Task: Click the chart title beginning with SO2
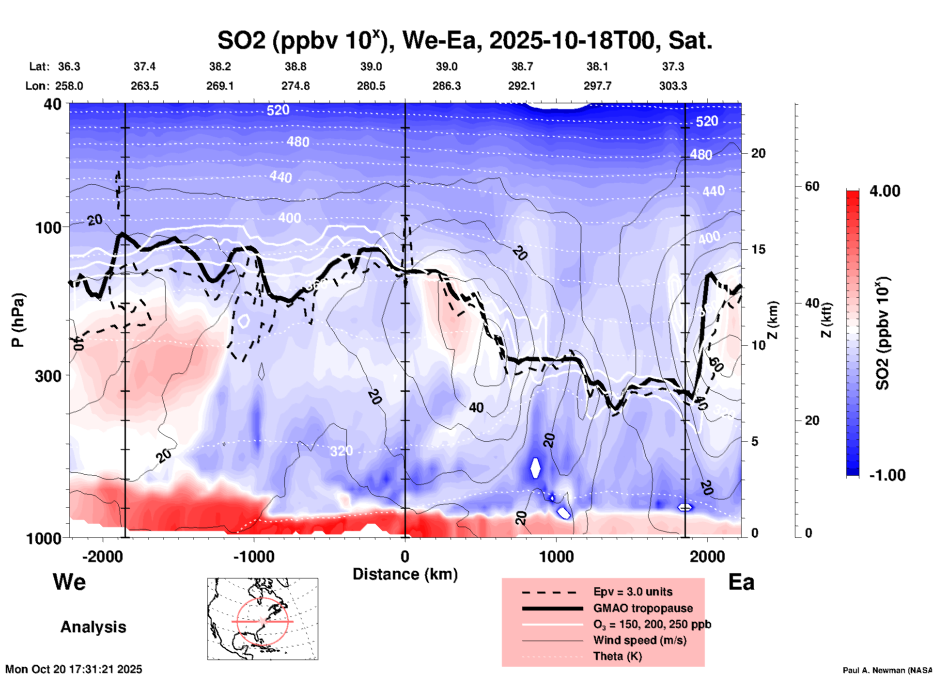pyautogui.click(x=465, y=40)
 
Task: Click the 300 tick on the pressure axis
pyautogui.click(x=48, y=376)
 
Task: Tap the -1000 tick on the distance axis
pyautogui.click(x=253, y=556)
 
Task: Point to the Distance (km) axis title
pyautogui.click(x=405, y=574)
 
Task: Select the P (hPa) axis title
pyautogui.click(x=18, y=320)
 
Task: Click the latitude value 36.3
pyautogui.click(x=69, y=66)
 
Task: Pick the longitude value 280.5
pyautogui.click(x=371, y=86)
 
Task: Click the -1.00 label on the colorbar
pyautogui.click(x=887, y=475)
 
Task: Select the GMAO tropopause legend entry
pyautogui.click(x=643, y=608)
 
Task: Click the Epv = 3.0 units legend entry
pyautogui.click(x=633, y=592)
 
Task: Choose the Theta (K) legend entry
pyautogui.click(x=617, y=656)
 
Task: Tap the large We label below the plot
pyautogui.click(x=69, y=581)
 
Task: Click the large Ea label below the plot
pyautogui.click(x=741, y=582)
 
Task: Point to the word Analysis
pyautogui.click(x=93, y=627)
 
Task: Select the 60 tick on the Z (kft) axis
pyautogui.click(x=812, y=186)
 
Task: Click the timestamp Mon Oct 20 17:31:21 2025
pyautogui.click(x=74, y=669)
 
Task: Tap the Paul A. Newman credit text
pyautogui.click(x=887, y=670)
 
